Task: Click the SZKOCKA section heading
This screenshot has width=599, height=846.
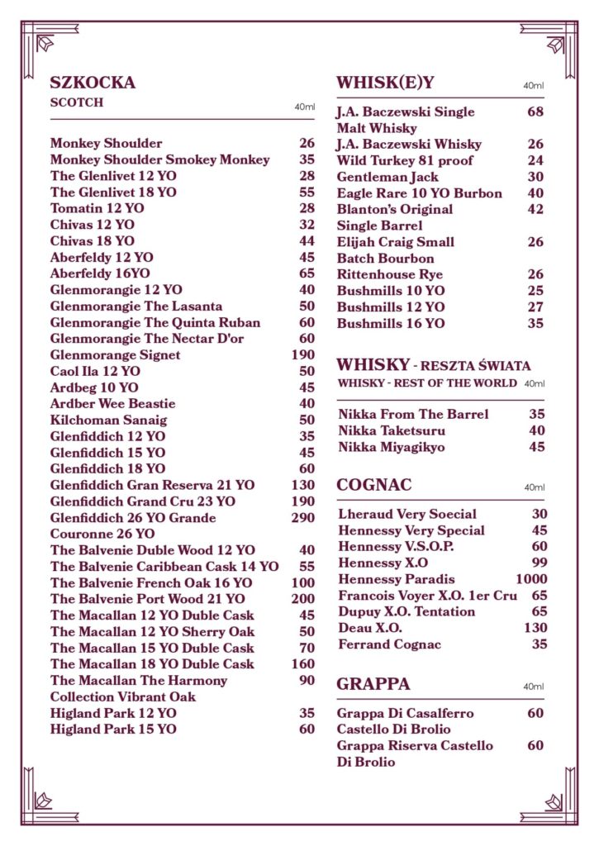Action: (93, 83)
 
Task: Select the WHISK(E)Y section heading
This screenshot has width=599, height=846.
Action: (385, 83)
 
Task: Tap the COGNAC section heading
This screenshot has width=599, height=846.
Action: (373, 485)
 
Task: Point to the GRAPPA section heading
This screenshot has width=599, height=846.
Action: (373, 685)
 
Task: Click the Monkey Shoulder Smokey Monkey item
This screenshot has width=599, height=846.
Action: (159, 159)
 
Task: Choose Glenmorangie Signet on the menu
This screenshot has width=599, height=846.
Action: (115, 354)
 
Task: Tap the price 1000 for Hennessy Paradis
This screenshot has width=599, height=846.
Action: (531, 579)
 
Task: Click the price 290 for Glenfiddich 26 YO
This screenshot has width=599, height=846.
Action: (302, 518)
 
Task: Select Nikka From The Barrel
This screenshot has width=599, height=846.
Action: (413, 415)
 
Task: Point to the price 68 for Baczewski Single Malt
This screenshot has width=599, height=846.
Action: (535, 112)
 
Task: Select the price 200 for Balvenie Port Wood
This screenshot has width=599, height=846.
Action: (302, 599)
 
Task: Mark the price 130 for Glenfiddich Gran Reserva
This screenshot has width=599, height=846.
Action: (302, 485)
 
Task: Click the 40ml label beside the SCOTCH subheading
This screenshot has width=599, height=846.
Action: (305, 107)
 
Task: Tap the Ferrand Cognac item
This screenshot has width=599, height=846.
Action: (389, 644)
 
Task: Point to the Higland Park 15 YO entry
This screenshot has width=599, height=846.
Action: (113, 729)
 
